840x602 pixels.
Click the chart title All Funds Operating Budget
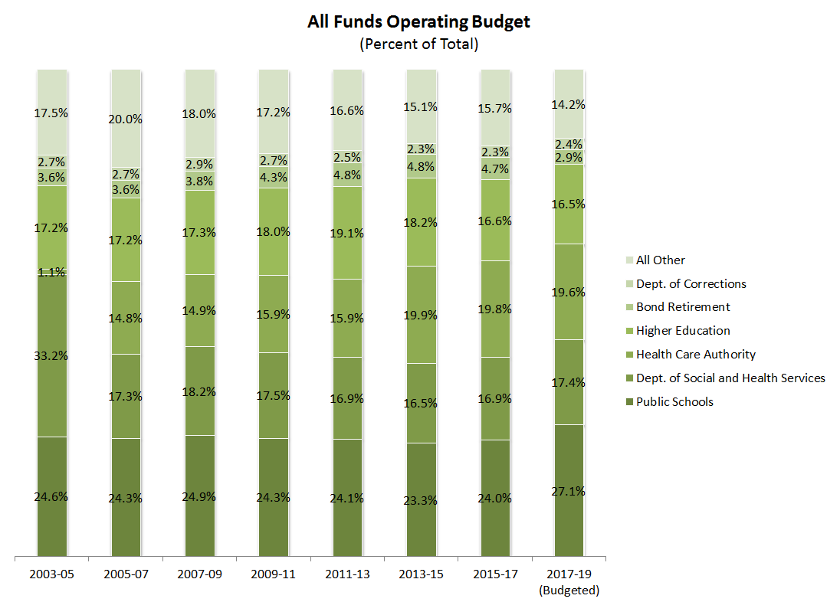coord(418,21)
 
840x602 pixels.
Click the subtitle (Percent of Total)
coord(418,44)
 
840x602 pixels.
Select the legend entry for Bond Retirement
coord(682,307)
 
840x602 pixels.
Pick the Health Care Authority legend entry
coord(695,355)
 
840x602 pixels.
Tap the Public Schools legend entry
coord(674,402)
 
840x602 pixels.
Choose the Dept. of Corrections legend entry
coord(691,284)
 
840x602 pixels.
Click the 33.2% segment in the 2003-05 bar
coord(52,355)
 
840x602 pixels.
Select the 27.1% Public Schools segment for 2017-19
coord(569,491)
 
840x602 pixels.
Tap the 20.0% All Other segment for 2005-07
coord(126,119)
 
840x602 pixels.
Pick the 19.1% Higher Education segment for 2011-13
coord(347,234)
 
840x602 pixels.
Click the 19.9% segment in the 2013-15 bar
coord(421,316)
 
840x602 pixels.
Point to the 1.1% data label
coord(52,272)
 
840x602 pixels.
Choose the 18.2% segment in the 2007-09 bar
coord(199,391)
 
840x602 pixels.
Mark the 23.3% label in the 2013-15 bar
coord(421,501)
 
